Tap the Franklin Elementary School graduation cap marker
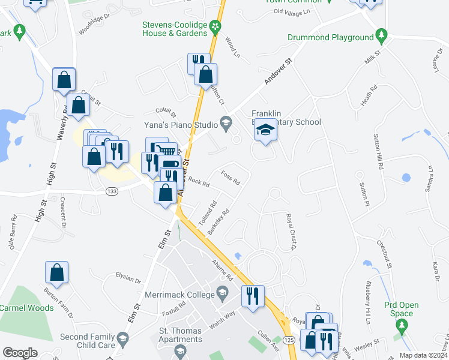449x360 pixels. click(265, 130)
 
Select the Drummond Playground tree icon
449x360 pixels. click(381, 37)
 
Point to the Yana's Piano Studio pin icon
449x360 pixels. click(226, 125)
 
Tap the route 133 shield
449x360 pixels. click(111, 191)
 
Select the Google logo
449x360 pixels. click(20, 353)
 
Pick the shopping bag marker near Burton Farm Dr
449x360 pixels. click(57, 272)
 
